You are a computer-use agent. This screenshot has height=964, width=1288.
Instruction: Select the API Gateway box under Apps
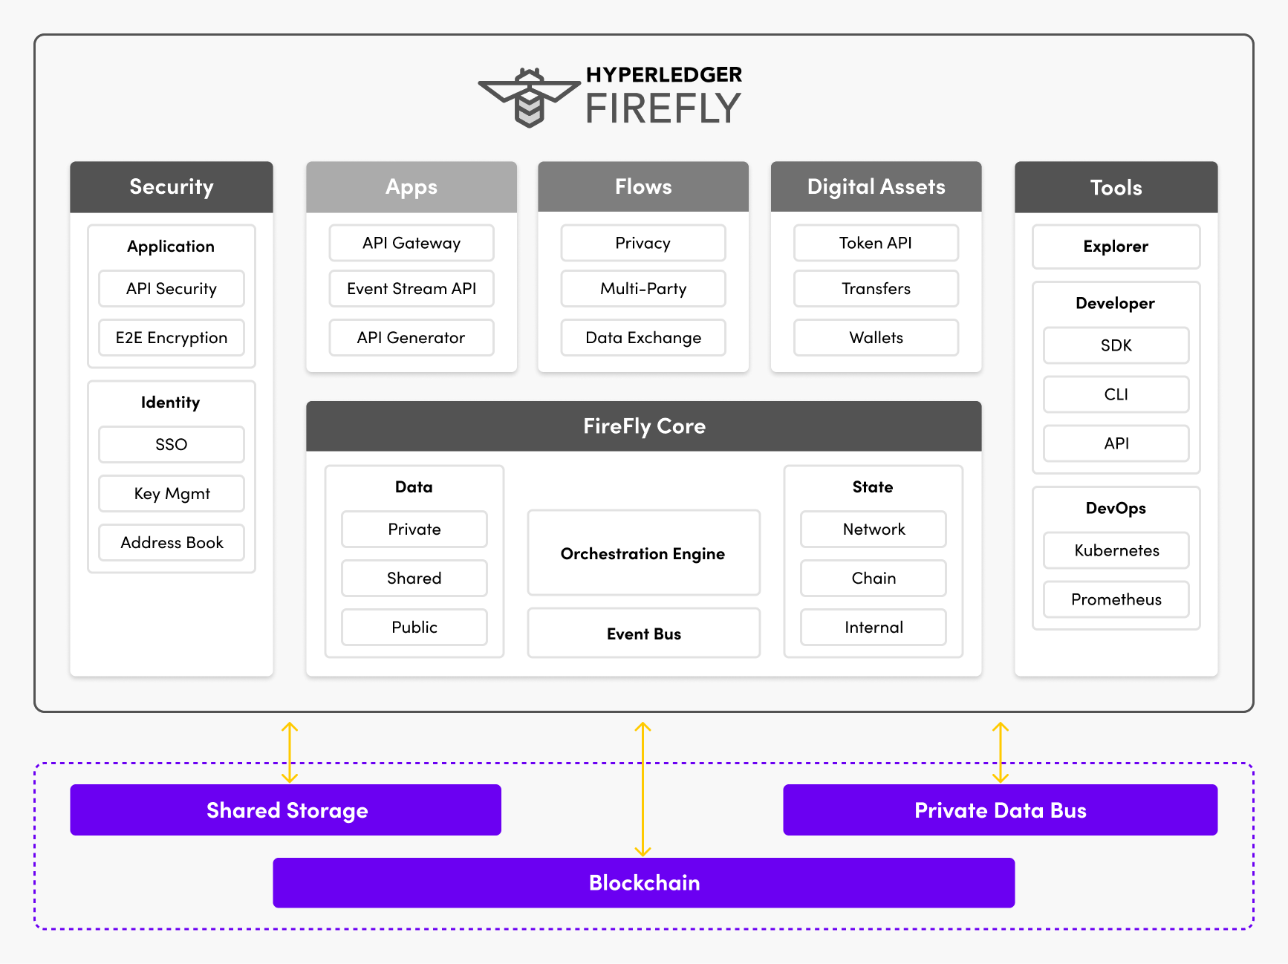412,243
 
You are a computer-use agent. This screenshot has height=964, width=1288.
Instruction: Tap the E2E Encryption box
172,338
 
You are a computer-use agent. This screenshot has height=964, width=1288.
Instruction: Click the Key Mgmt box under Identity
172,494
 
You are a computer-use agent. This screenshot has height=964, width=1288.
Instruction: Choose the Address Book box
172,543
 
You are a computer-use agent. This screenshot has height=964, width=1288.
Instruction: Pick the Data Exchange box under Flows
643,338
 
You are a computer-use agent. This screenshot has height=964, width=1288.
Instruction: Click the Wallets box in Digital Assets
876,338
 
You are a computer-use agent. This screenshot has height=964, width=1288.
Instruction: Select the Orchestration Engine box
643,553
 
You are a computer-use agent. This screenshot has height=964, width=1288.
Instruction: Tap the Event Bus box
643,634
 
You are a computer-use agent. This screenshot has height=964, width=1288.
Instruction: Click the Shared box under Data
414,578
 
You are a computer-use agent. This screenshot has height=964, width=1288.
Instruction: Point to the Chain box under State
874,578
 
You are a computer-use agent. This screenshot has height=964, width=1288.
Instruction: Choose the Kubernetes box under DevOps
1116,550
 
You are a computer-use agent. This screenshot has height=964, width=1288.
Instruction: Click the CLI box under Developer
1116,394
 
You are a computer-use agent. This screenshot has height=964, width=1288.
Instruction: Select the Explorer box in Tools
1116,247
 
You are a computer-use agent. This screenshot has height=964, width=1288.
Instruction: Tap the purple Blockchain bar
643,882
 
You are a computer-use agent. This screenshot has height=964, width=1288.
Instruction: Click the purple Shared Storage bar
286,810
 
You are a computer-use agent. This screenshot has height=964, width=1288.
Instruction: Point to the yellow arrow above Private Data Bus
1001,752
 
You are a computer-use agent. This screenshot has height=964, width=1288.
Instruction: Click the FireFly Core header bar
643,426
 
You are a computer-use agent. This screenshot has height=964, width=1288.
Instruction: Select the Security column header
172,187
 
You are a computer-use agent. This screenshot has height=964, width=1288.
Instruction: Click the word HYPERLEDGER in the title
663,75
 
